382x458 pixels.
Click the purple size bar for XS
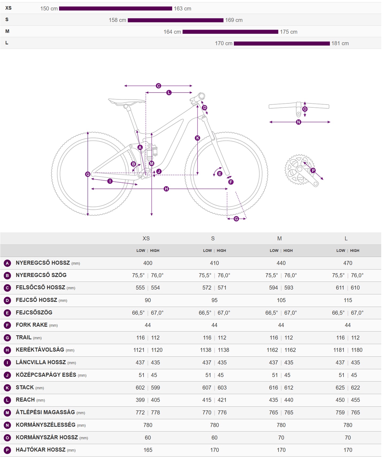coord(115,9)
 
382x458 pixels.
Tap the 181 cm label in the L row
coord(340,43)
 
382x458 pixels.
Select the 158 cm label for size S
coord(117,20)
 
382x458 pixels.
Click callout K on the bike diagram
coord(198,138)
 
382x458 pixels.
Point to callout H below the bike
coord(166,189)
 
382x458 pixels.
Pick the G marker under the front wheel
coord(236,219)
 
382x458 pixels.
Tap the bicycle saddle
coord(127,101)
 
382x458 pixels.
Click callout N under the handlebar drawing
coord(299,122)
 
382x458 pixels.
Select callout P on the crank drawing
coord(313,170)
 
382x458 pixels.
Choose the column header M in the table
coord(279,238)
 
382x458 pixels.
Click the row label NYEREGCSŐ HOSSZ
coord(43,263)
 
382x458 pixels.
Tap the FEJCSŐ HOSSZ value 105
coord(281,300)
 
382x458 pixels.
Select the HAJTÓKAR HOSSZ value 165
coord(148,450)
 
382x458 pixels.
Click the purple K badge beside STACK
coord(7,388)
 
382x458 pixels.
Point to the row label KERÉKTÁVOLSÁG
coord(40,350)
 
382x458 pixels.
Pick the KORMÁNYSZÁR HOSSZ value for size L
coord(348,438)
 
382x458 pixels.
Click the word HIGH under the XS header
coord(155,251)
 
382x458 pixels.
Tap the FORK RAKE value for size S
coord(214,325)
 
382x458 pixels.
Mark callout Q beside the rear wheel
coord(88,174)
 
